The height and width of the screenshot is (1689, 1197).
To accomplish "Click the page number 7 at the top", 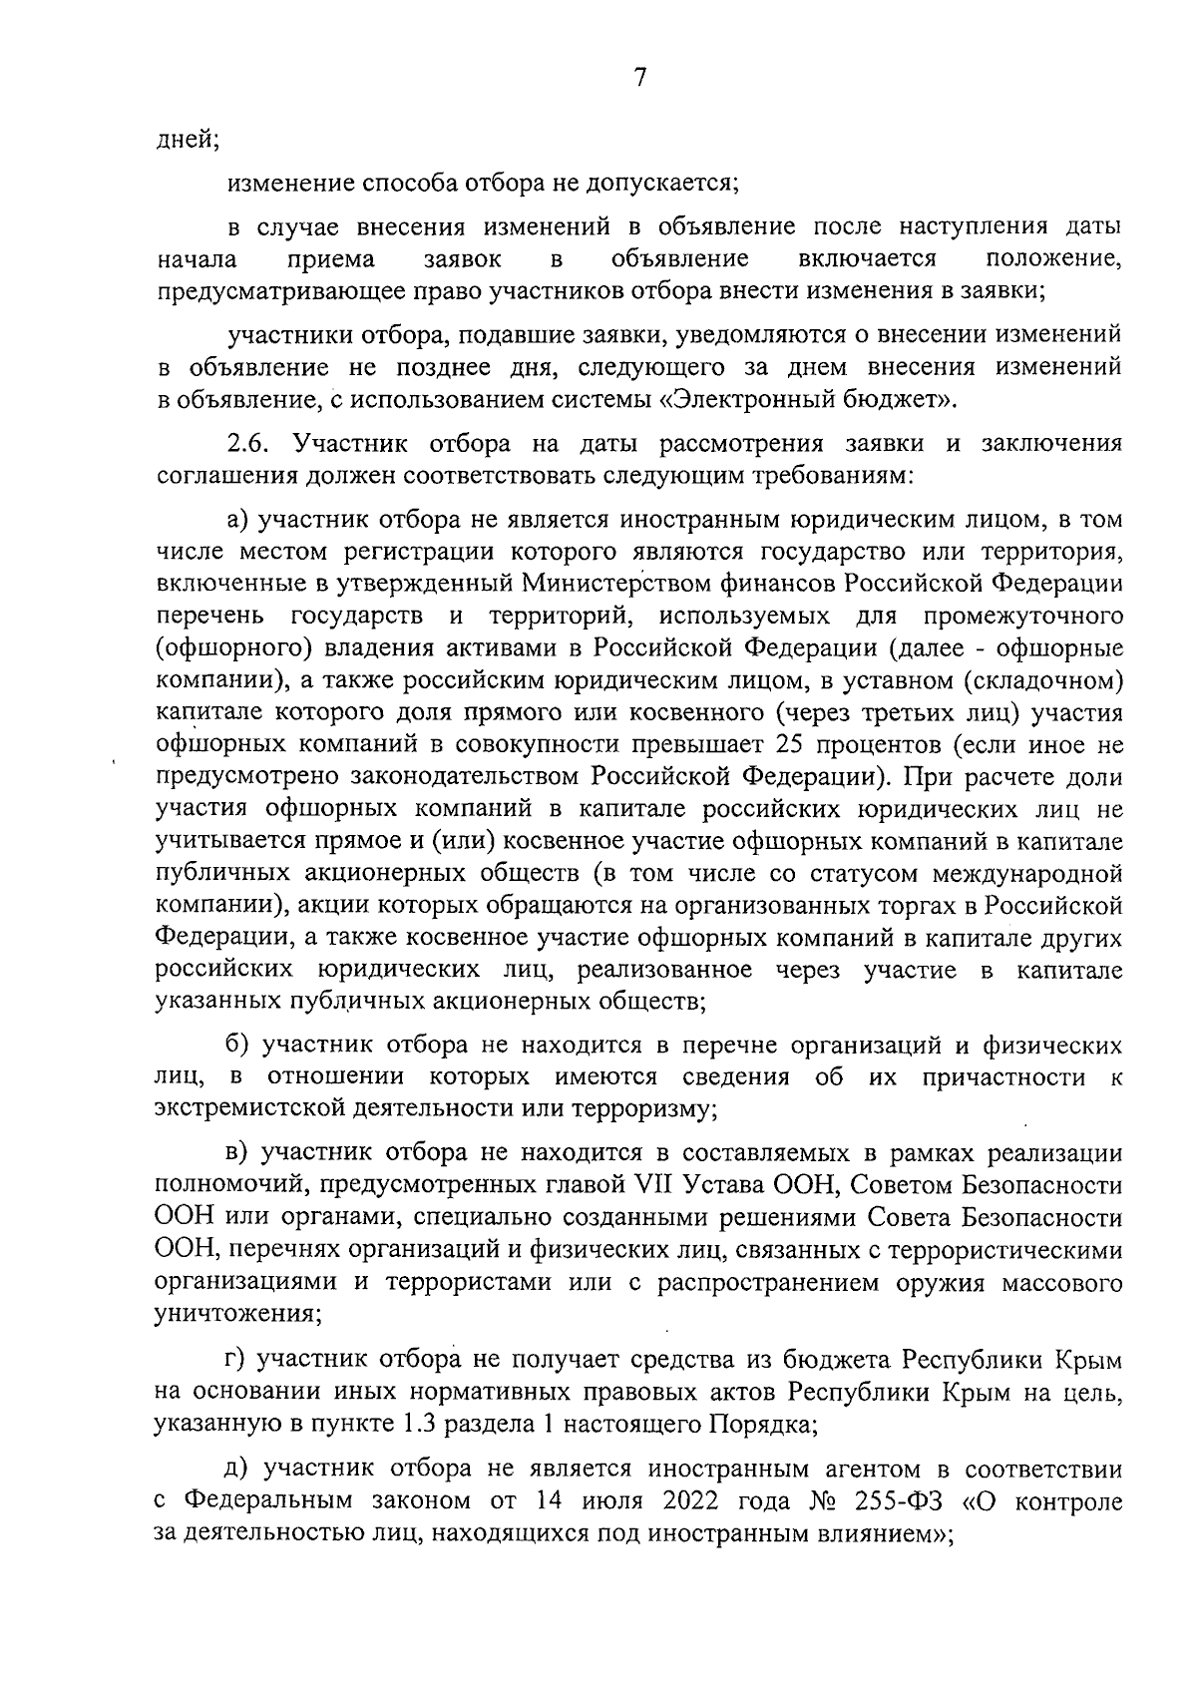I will tap(640, 78).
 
